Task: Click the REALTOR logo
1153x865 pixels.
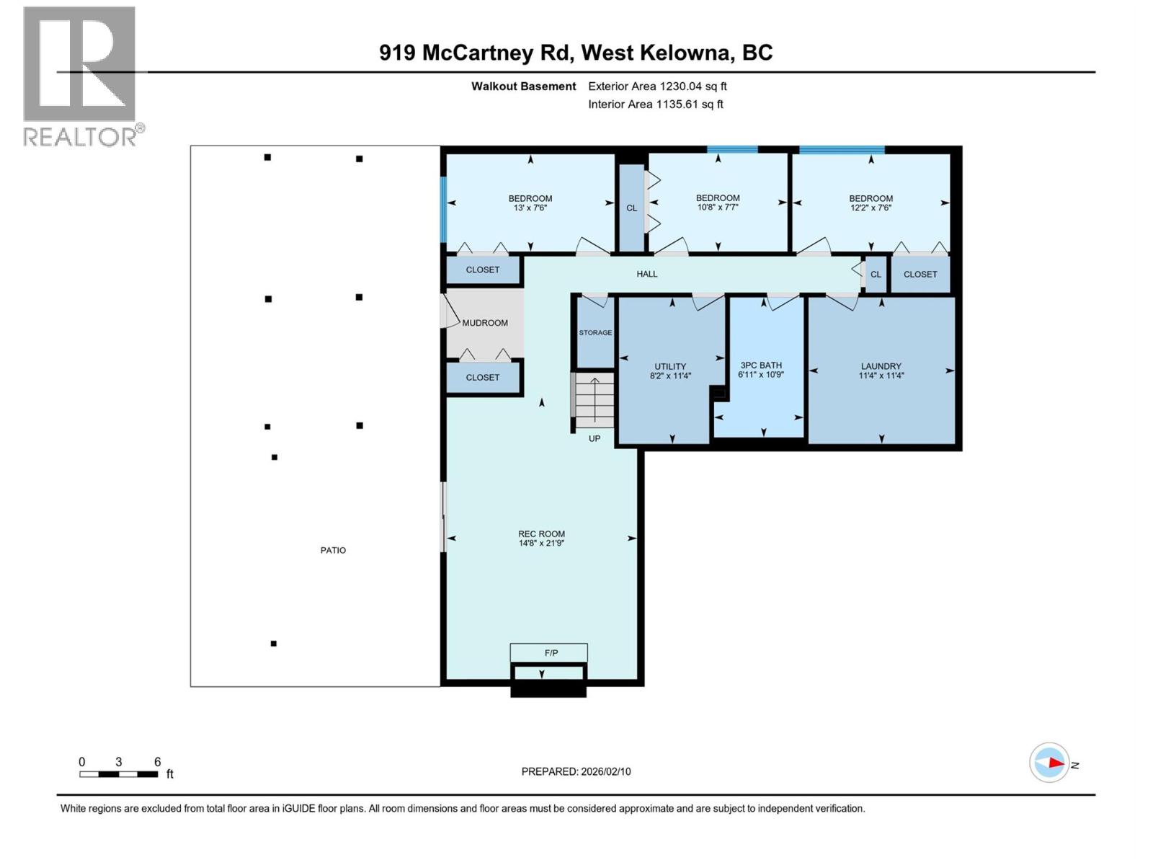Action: [80, 76]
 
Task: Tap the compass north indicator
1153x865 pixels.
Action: [1050, 763]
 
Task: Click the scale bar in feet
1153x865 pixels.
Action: [119, 774]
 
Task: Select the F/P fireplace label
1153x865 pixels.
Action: [551, 653]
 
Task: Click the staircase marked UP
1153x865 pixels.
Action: [595, 402]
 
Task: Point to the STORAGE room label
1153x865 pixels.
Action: [595, 333]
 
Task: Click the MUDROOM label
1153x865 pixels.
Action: [485, 323]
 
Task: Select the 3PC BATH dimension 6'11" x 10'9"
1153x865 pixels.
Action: [761, 375]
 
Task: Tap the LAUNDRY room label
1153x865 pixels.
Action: [881, 366]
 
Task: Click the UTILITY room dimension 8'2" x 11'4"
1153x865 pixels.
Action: [670, 376]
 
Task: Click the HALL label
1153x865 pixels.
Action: [647, 274]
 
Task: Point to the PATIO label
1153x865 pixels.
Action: [333, 550]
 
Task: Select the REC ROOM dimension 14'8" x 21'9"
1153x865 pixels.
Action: [541, 543]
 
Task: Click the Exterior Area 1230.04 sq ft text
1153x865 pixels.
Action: [657, 86]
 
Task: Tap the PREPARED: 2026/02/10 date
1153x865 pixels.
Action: [576, 771]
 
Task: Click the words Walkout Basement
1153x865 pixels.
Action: [524, 86]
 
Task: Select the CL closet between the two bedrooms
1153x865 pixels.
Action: [631, 208]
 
